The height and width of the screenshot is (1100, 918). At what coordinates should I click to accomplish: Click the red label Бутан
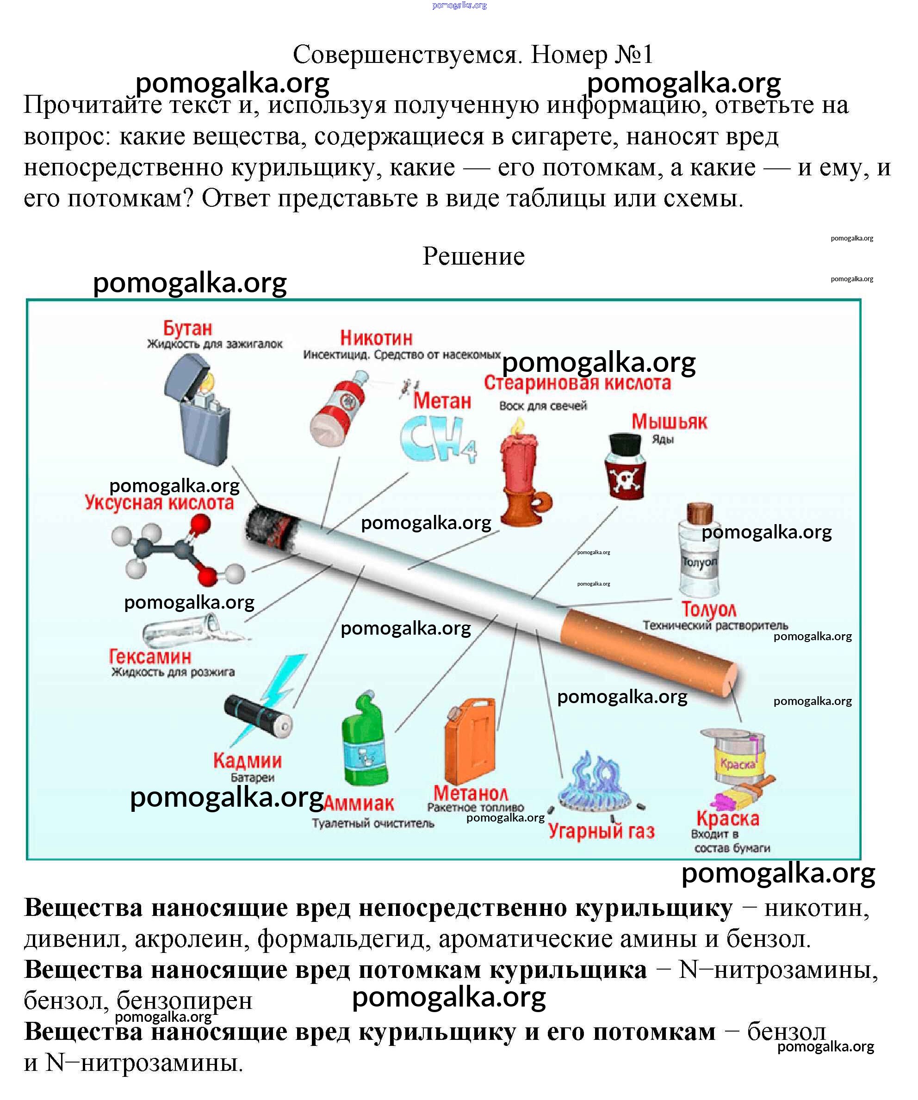187,328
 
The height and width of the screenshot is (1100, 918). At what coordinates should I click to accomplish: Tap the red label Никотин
376,338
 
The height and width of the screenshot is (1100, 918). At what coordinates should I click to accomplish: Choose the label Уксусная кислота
159,503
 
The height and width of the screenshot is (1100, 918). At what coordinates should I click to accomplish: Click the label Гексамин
150,657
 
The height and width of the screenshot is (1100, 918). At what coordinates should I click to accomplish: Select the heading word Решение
473,256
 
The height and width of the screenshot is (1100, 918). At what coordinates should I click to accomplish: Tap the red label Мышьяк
669,422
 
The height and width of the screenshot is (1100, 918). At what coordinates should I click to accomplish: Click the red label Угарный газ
601,831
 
